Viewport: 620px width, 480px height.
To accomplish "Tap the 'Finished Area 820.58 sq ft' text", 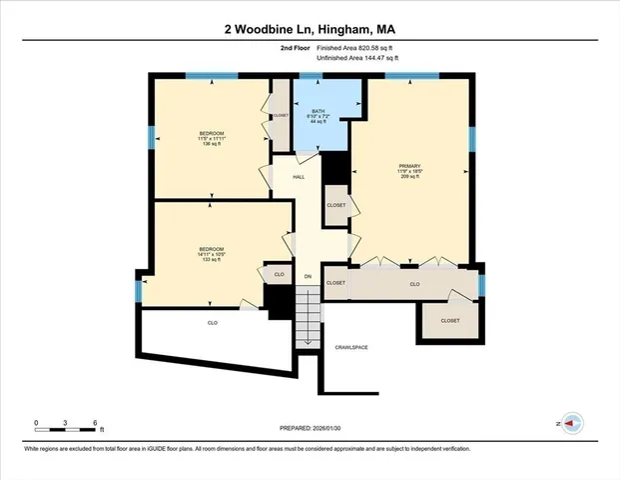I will click(357, 47).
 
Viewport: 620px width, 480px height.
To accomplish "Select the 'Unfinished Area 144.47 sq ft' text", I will click(357, 59).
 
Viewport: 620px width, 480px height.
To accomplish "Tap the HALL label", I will click(299, 176).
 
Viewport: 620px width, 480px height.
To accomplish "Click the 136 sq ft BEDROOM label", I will click(211, 138).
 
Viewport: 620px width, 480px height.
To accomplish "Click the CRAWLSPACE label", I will click(351, 347).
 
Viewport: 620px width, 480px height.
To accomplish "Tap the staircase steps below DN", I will click(308, 315).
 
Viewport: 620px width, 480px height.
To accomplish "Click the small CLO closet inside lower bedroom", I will click(280, 273).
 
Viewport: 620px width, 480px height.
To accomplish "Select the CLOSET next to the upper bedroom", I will click(281, 116).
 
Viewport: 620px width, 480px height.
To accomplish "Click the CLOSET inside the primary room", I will click(336, 205).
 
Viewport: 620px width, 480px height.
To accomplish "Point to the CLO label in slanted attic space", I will click(213, 323).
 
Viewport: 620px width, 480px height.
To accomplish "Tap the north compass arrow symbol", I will click(571, 424).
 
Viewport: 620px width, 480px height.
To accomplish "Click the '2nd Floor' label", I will click(295, 47).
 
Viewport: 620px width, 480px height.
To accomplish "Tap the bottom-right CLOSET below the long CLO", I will click(450, 320).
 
